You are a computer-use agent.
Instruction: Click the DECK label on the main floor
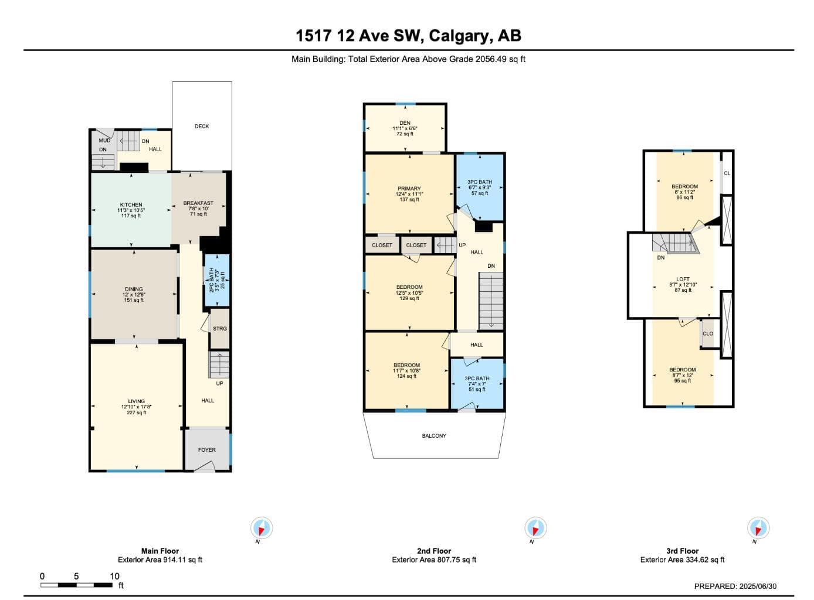(202, 126)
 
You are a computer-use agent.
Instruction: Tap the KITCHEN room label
(131, 204)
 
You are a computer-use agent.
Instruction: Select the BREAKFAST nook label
(198, 203)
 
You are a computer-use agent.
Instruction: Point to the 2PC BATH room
(217, 281)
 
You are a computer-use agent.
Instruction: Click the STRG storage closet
(220, 329)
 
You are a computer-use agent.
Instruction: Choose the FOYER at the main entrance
(206, 449)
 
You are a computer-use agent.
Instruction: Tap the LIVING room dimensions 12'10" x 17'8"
(137, 407)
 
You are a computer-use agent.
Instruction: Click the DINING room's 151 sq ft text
(134, 300)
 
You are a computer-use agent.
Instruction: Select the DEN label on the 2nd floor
(405, 123)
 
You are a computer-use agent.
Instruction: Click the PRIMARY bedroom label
(409, 189)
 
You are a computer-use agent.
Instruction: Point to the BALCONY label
(434, 436)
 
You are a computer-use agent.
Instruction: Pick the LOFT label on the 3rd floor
(683, 279)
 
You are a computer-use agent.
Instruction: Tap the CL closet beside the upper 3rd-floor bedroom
(727, 173)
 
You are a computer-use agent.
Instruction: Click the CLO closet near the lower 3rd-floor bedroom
(708, 334)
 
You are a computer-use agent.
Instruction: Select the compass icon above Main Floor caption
(262, 529)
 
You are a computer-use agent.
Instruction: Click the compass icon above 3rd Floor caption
(758, 529)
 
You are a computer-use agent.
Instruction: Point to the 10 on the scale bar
(114, 576)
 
